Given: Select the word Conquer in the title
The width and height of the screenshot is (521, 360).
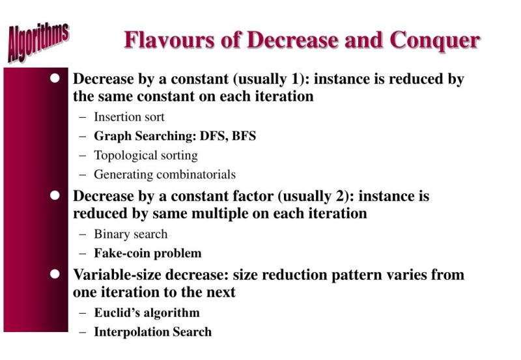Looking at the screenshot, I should (434, 40).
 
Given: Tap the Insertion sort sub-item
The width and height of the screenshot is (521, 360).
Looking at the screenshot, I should (129, 117).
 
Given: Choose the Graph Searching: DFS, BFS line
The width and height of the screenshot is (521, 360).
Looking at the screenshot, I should (175, 136).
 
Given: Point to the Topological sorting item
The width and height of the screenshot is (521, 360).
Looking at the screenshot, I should (145, 156).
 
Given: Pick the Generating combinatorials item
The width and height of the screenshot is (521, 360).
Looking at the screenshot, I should (164, 174).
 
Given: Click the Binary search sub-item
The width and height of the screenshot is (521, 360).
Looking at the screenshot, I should (130, 234).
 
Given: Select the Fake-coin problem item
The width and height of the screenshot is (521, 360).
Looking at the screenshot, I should (147, 253).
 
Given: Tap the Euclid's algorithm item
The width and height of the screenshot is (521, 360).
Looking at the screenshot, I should (147, 312).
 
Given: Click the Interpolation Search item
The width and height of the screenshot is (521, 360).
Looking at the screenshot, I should (152, 332).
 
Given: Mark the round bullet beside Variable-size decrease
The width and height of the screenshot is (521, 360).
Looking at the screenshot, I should (55, 273).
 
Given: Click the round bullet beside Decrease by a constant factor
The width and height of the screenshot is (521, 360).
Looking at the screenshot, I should (55, 195).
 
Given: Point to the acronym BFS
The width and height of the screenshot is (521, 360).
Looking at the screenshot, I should (244, 136).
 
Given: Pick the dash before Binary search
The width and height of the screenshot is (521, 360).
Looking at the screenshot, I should (82, 235).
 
